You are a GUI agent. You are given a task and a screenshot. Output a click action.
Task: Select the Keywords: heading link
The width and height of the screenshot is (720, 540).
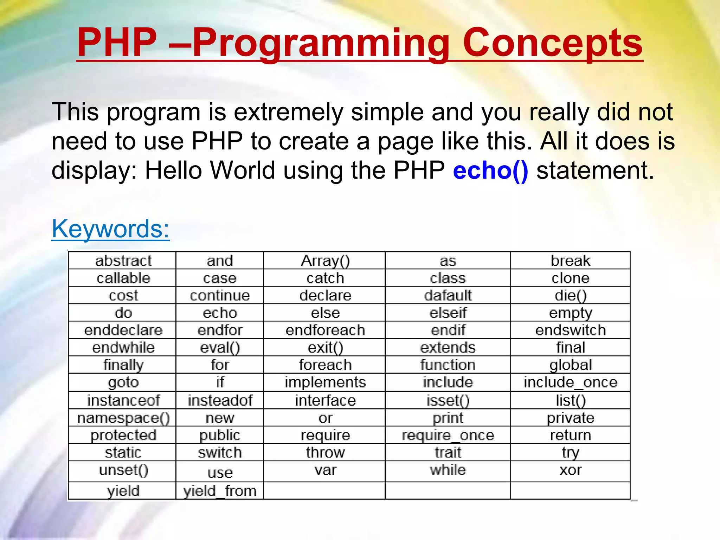pos(110,229)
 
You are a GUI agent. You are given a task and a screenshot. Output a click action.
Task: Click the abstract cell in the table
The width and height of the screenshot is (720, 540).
pos(123,261)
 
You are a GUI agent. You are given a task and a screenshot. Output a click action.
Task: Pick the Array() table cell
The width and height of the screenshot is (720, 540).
pos(325,261)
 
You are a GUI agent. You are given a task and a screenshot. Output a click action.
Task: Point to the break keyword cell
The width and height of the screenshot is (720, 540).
pos(570,261)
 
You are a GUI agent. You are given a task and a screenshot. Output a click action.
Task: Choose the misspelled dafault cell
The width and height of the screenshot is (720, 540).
pos(448,295)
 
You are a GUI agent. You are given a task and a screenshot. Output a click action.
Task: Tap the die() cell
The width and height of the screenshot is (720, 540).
pos(570,295)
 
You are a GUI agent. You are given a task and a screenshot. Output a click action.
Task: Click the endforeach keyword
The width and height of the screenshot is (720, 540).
pos(325,330)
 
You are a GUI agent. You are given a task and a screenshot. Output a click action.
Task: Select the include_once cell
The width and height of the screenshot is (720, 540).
pos(570,382)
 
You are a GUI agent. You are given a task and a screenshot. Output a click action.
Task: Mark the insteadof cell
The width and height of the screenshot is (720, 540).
pos(220,400)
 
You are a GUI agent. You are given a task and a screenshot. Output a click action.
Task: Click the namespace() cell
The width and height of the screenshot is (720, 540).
pos(123,418)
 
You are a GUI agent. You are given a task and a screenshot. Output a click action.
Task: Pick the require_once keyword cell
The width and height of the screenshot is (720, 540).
pos(448,435)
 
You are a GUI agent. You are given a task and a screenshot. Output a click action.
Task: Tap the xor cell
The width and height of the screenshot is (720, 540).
pos(570,470)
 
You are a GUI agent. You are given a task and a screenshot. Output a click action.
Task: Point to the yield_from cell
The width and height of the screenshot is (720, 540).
pos(220,491)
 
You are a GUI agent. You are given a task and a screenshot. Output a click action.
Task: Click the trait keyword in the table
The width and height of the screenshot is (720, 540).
pos(448,452)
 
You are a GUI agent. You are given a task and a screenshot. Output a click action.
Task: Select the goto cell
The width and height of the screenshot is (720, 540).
pos(123,382)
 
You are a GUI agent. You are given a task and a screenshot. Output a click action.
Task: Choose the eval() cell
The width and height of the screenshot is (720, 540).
pos(220,348)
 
